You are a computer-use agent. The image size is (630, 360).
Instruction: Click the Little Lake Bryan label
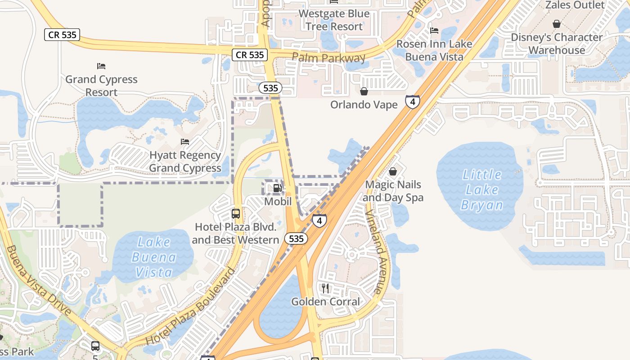(x=482, y=189)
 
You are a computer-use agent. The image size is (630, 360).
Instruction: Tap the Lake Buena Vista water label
(x=154, y=257)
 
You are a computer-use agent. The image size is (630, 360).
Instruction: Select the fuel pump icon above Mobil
(x=278, y=189)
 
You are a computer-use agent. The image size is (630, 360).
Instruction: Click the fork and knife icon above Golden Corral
(x=325, y=288)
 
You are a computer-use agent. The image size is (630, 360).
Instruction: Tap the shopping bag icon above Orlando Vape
(x=364, y=91)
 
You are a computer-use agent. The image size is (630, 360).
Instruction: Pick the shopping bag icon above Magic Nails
(x=393, y=171)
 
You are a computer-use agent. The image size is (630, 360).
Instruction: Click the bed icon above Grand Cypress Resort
(x=101, y=66)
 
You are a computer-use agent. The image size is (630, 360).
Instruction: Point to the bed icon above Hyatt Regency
(x=185, y=142)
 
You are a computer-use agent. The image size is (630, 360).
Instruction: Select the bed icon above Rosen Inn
(x=434, y=31)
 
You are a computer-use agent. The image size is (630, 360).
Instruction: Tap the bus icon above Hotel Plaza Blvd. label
(x=236, y=214)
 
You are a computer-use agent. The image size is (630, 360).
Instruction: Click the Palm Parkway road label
(x=328, y=58)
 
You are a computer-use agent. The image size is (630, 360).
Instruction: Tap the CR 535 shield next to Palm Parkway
(x=250, y=55)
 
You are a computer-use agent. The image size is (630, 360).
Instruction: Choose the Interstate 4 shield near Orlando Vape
(x=412, y=102)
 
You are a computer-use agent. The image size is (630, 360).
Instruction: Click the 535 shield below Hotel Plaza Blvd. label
(x=296, y=239)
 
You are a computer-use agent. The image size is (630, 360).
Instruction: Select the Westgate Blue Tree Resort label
(x=334, y=20)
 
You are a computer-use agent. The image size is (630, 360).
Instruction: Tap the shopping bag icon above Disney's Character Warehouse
(x=557, y=24)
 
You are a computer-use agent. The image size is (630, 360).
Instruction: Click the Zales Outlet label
(x=575, y=5)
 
